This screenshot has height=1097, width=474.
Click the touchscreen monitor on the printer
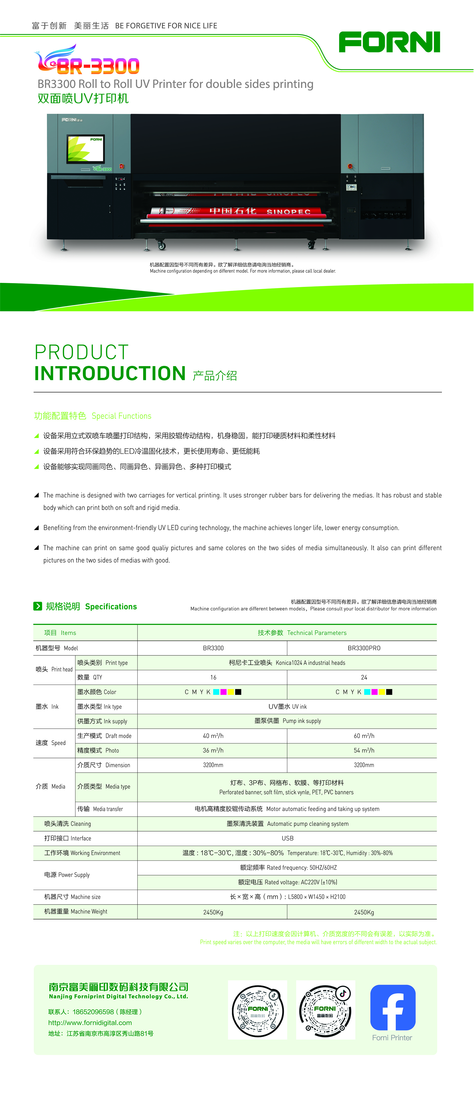point(85,149)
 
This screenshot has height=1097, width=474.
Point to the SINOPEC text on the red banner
point(289,212)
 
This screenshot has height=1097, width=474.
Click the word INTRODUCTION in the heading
point(110,373)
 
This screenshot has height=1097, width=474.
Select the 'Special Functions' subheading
point(121,416)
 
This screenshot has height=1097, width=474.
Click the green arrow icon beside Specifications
point(38,606)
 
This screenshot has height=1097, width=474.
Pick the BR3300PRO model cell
point(364,648)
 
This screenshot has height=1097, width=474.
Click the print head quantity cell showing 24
point(364,677)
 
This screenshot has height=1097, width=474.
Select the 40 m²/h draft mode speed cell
point(213,735)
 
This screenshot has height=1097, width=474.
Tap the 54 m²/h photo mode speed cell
point(364,750)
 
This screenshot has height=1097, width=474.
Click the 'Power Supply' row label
point(67,875)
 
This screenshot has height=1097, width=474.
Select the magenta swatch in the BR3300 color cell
point(223,692)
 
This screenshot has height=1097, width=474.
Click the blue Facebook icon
point(392,1007)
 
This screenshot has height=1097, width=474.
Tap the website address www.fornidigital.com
point(90,1022)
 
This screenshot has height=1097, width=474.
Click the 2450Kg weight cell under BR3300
point(213,912)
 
